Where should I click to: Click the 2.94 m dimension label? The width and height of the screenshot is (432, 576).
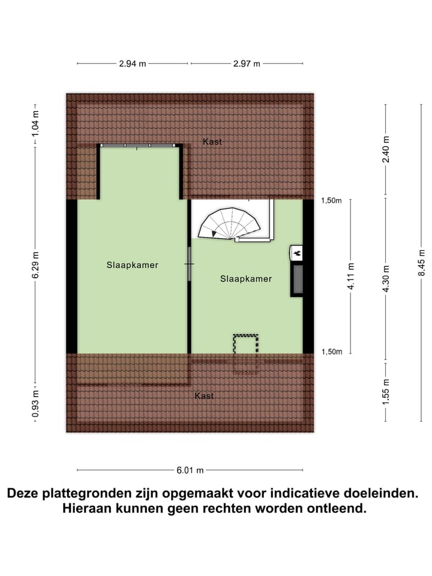pyautogui.click(x=133, y=64)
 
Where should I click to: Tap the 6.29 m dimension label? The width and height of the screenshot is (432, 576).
pyautogui.click(x=35, y=264)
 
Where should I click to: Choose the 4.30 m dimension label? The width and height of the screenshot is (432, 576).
pyautogui.click(x=386, y=278)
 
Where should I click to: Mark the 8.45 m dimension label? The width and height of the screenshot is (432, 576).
pyautogui.click(x=421, y=263)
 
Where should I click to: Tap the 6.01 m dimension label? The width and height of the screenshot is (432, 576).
pyautogui.click(x=190, y=470)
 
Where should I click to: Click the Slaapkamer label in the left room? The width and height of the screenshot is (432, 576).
pyautogui.click(x=133, y=265)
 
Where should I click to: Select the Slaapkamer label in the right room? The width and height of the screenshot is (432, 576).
pyautogui.click(x=246, y=278)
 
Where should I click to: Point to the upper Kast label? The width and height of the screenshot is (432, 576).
pyautogui.click(x=212, y=142)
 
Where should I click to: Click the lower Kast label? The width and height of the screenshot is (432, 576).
pyautogui.click(x=205, y=396)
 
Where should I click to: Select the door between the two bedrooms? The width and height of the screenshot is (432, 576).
pyautogui.click(x=190, y=264)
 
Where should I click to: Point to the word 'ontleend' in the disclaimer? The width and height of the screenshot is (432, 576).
pyautogui.click(x=332, y=509)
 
